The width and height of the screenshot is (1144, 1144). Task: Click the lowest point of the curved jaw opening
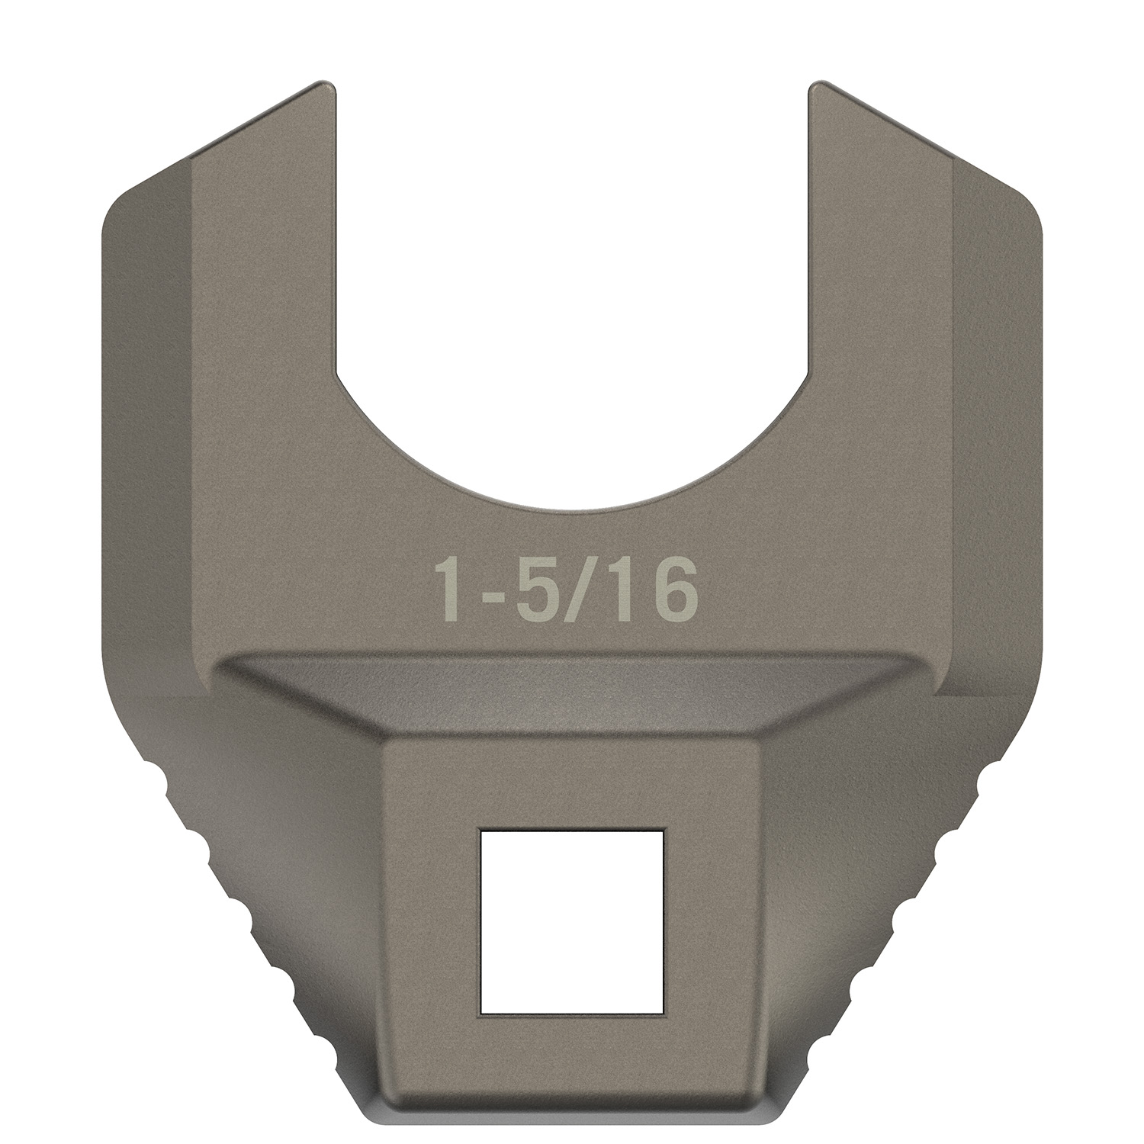[x=572, y=508]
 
